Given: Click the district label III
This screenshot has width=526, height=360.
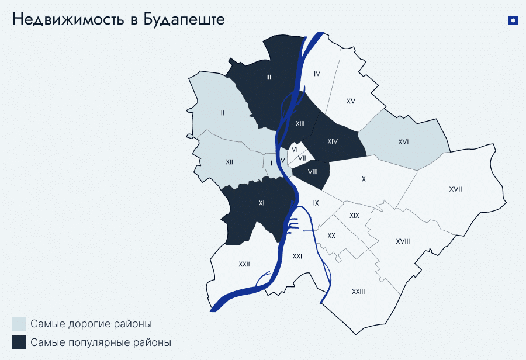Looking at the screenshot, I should tap(268, 77).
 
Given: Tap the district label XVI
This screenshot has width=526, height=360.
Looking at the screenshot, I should tap(403, 142).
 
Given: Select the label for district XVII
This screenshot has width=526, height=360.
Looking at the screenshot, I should tap(456, 189).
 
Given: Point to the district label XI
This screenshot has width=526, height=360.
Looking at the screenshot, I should tap(261, 203).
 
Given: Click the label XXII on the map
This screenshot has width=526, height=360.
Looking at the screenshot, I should tap(244, 264).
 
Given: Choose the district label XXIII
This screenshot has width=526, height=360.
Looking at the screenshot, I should tap(358, 292).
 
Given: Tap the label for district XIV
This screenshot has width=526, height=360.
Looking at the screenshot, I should tap(333, 142).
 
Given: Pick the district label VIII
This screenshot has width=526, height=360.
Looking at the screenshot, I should tap(313, 172).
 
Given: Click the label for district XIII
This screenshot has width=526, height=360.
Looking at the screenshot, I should tap(300, 123).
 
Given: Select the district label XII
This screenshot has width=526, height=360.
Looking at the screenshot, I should tap(229, 162).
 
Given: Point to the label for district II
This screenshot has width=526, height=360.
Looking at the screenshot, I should tap(223, 113).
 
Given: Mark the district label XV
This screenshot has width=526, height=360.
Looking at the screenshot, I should tap(351, 101).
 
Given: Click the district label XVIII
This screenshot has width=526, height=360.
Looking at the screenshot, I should tap(403, 241).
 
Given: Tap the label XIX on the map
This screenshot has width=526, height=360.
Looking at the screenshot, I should tap(354, 216).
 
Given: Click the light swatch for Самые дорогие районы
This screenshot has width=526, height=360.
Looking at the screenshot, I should tap(19, 324).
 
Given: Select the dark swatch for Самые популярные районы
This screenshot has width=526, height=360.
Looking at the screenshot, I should tap(19, 342).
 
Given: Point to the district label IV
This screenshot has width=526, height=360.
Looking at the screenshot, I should tap(317, 74).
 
